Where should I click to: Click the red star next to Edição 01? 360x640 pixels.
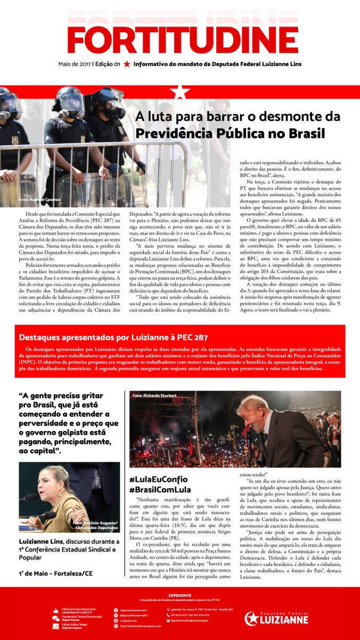coord(127,64)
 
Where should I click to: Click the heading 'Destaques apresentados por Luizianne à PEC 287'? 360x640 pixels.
coord(113,337)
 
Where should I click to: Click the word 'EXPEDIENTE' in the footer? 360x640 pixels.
coord(179,594)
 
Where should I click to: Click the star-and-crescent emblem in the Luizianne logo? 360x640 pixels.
coord(252,619)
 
